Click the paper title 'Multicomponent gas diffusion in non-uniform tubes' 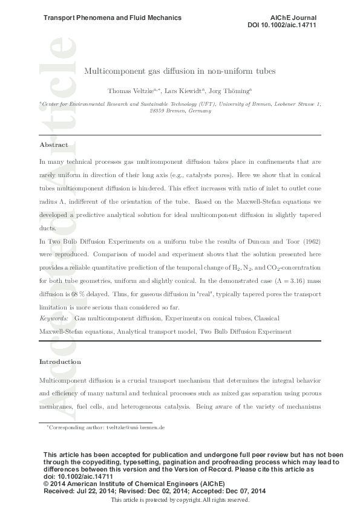180,71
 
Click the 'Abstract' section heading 53,145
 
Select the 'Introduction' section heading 60,361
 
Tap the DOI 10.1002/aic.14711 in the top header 282,25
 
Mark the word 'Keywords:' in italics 53,317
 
